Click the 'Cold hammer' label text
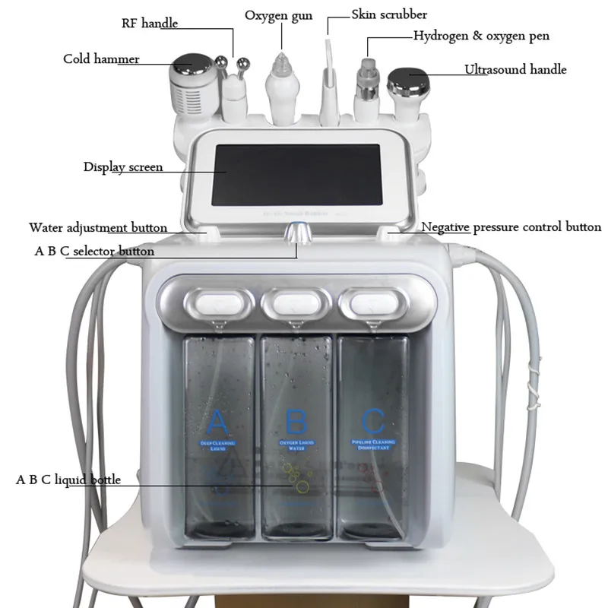101,59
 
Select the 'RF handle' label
149,23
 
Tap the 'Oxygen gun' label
278,15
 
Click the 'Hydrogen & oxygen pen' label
480,36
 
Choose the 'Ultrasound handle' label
515,70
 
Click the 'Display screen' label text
122,166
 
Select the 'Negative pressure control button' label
511,226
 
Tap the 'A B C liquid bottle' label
68,480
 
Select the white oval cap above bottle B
296,302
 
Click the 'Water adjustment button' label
98,227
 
